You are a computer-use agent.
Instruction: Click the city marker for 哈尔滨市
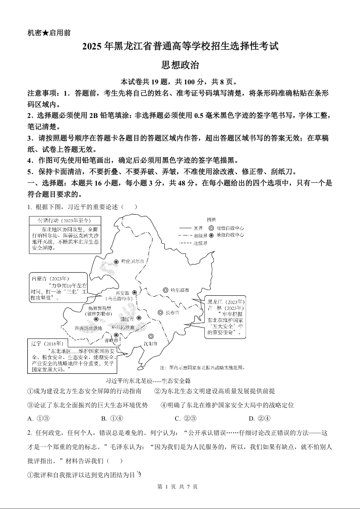click(166, 290)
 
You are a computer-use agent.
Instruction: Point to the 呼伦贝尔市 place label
click(133, 262)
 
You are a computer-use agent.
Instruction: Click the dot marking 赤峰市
click(116, 335)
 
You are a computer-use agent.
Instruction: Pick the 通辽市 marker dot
click(139, 318)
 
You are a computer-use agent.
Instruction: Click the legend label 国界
click(198, 228)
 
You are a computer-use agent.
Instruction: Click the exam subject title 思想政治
click(180, 65)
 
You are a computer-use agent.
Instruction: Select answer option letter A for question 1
click(30, 418)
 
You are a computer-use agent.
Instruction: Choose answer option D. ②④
click(260, 418)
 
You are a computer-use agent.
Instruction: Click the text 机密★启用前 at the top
click(49, 33)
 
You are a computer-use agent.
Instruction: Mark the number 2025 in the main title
click(93, 46)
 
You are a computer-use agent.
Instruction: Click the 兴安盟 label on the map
click(123, 293)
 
